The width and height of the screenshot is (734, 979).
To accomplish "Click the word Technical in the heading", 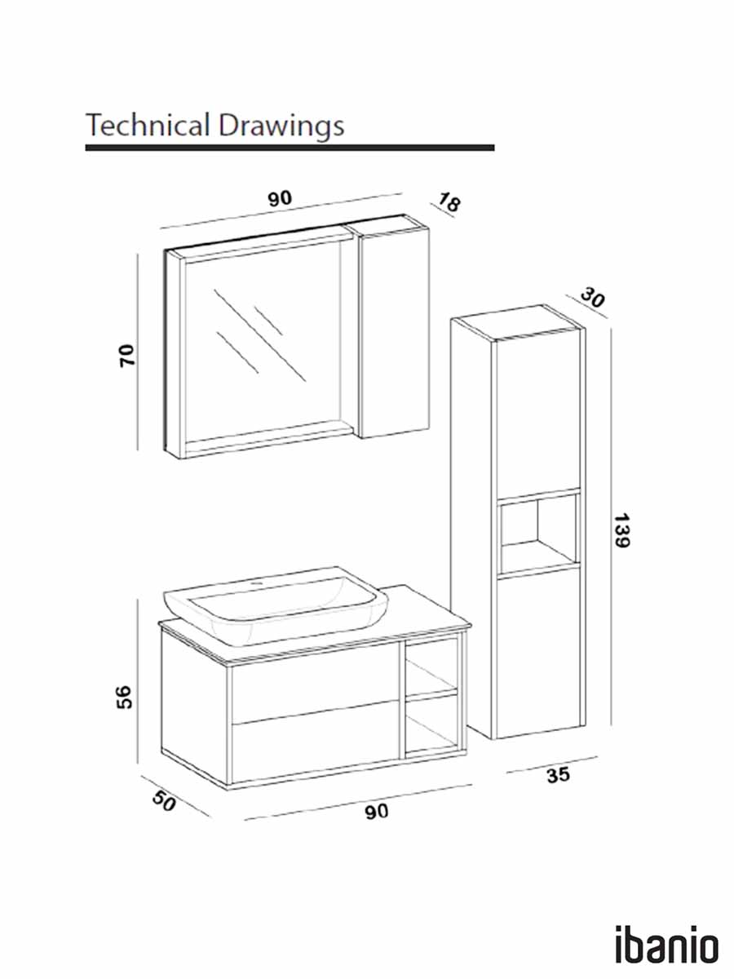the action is click(148, 125).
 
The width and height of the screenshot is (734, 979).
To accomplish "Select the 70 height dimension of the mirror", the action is click(127, 356).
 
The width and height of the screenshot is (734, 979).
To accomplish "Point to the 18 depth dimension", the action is click(449, 202).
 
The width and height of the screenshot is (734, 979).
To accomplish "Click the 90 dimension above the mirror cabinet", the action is click(280, 198).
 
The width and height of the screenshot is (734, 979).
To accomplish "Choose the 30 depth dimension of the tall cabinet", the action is click(592, 297).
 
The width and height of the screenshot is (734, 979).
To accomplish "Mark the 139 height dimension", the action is click(621, 531).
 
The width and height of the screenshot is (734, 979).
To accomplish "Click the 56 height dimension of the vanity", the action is click(124, 697).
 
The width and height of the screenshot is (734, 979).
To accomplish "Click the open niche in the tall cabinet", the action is click(538, 534).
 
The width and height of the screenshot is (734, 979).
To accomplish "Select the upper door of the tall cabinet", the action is click(538, 413).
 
